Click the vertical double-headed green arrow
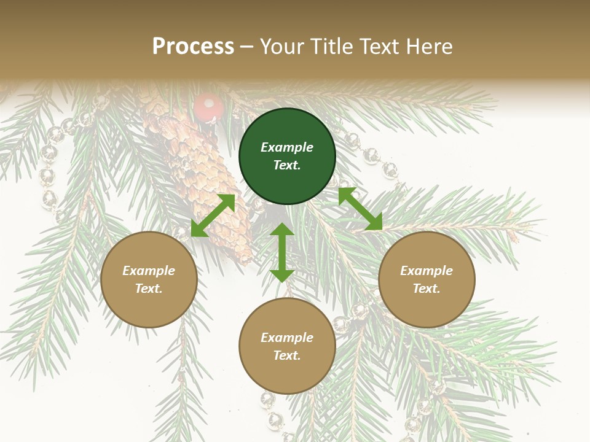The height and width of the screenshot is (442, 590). (282, 252)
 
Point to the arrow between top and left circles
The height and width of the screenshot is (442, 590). (213, 215)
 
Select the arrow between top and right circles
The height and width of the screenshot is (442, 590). (360, 209)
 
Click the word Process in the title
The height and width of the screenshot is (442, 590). (193, 46)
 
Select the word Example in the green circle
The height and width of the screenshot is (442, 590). (287, 147)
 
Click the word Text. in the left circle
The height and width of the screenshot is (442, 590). (149, 289)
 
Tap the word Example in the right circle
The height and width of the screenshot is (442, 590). (427, 271)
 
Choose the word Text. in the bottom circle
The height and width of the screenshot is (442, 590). (287, 355)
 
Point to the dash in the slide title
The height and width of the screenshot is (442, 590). (246, 46)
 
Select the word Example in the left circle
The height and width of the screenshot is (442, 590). (149, 271)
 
